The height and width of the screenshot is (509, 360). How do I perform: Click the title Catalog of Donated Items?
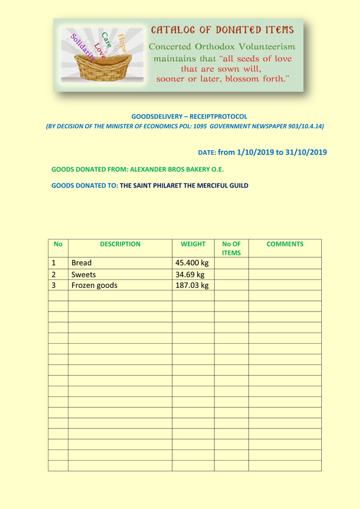pos(222,30)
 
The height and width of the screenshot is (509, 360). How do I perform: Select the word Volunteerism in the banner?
pos(264,46)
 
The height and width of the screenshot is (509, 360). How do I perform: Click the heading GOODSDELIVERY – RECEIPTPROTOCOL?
pos(189,116)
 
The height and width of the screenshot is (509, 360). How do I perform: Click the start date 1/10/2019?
pos(256,152)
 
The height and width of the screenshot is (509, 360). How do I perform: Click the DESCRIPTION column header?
pos(120,244)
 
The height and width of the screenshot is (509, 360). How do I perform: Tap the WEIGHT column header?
pos(193,244)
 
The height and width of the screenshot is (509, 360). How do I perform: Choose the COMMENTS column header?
pos(285,244)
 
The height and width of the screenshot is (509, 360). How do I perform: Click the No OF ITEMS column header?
pos(231,249)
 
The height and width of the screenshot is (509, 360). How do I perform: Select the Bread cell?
pos(82,263)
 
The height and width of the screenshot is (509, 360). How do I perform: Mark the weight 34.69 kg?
pos(190,274)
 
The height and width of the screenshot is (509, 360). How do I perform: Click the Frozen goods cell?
pos(94,285)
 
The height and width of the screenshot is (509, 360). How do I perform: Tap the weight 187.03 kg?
pos(192,285)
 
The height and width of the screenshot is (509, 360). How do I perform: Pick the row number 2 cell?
pos(53,274)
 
